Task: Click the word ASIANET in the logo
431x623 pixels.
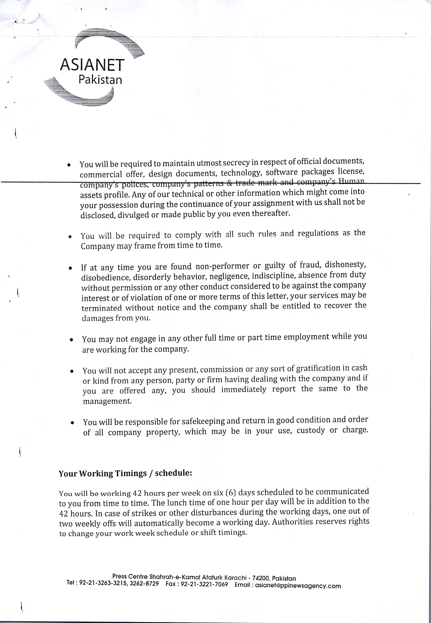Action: [92, 65]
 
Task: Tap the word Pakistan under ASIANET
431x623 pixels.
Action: [100, 80]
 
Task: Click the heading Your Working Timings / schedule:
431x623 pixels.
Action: [125, 474]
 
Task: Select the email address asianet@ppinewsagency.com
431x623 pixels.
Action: [298, 586]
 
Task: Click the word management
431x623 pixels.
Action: [107, 401]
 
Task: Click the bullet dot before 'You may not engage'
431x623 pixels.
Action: [71, 340]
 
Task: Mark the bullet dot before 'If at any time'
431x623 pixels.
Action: [70, 268]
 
